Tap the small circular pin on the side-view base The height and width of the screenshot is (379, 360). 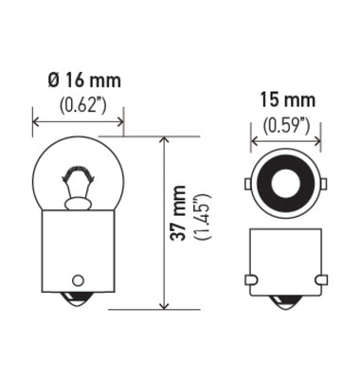[x=79, y=280]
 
